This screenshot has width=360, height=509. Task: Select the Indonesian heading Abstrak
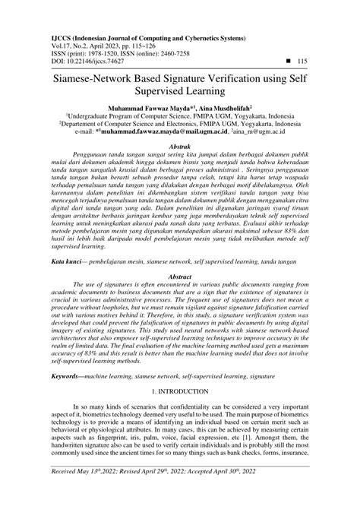click(179, 143)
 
